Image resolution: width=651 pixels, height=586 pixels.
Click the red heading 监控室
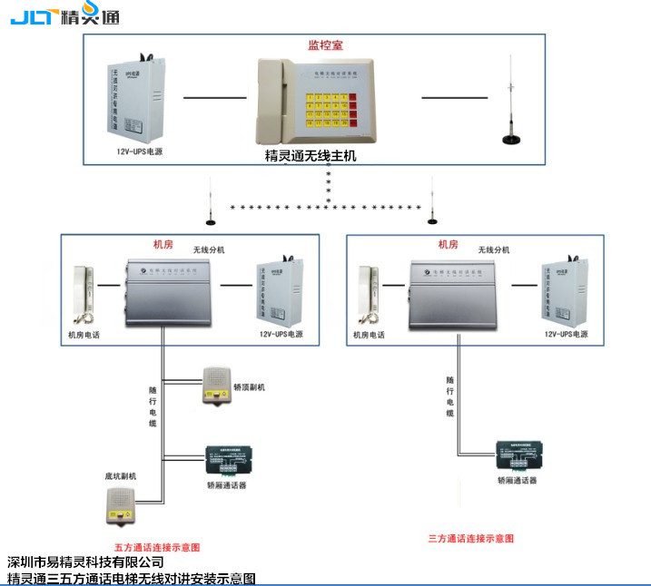click(x=325, y=43)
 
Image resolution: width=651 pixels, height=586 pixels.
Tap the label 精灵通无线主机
click(x=311, y=156)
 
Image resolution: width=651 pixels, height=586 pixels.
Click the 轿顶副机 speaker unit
click(x=216, y=384)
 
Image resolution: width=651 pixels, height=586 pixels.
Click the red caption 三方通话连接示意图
click(x=471, y=538)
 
